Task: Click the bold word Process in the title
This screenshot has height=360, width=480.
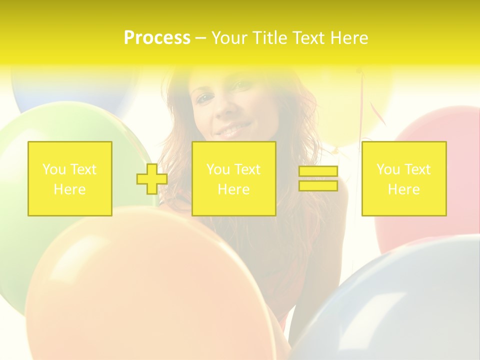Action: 157,38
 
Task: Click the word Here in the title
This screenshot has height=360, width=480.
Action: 348,38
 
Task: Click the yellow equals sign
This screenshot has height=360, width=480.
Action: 318,178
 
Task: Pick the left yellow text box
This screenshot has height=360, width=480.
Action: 70,179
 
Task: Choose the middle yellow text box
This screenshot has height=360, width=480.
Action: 234,179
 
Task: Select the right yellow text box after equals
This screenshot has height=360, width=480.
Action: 404,179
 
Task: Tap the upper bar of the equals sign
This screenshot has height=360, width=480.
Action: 318,171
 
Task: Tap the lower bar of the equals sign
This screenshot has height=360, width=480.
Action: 318,185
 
